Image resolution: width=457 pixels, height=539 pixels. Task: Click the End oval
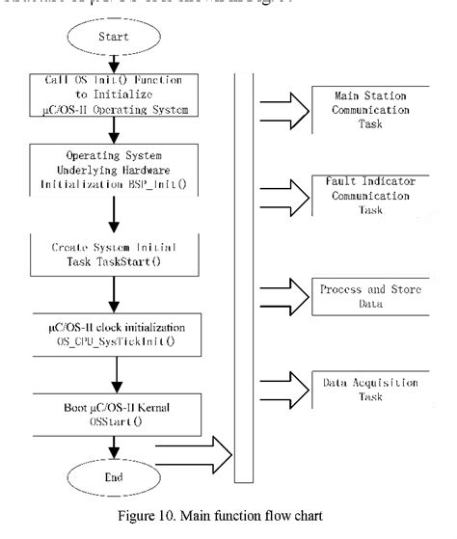coord(115,476)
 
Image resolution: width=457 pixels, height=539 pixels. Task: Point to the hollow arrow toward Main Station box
coord(286,102)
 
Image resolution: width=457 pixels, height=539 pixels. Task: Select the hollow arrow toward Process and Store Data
coord(286,289)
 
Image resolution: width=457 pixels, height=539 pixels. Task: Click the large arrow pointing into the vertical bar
coord(197,449)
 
